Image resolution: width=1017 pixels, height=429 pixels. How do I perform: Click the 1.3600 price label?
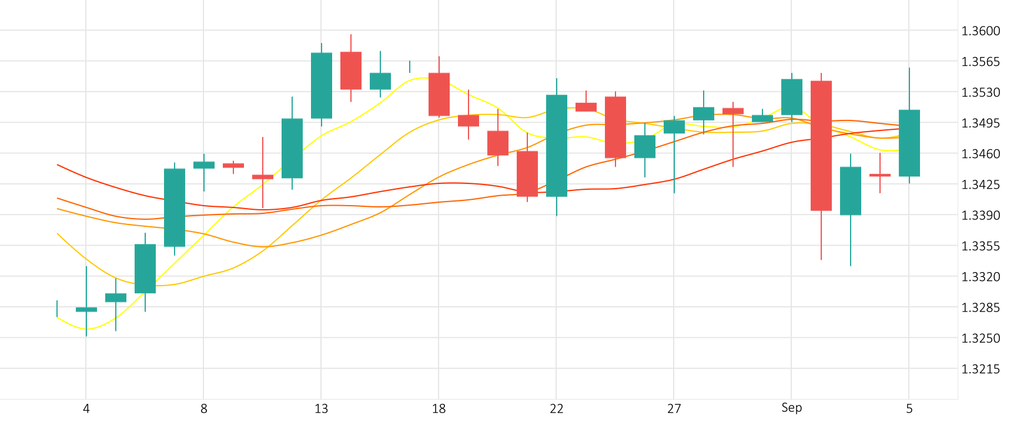(980, 31)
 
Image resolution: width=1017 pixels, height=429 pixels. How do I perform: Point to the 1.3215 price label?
(980, 369)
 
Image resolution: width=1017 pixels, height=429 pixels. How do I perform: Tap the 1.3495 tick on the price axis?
(980, 123)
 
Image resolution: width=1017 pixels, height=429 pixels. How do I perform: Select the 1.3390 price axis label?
(980, 216)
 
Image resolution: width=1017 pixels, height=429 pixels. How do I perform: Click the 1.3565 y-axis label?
(980, 62)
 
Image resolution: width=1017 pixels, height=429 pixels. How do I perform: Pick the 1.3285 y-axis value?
(980, 308)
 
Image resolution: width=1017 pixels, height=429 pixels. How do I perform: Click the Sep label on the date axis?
(791, 408)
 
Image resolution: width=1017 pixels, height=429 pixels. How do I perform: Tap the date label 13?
(321, 409)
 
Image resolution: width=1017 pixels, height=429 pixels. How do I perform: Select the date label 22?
(556, 409)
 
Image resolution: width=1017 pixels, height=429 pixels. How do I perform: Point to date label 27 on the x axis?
(674, 409)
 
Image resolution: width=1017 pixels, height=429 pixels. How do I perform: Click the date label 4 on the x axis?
(86, 409)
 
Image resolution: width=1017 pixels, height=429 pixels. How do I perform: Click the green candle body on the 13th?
(322, 86)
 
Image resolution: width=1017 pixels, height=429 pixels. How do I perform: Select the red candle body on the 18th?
(439, 94)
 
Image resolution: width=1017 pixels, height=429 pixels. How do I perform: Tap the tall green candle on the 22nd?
(557, 145)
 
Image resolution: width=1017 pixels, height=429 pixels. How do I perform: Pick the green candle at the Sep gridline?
(792, 97)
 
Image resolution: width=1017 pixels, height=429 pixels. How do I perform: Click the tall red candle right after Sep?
(821, 145)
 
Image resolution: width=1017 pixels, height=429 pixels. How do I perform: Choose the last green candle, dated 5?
(909, 143)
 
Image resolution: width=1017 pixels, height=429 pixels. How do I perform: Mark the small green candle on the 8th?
(204, 165)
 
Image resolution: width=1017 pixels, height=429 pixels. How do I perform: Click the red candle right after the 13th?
(351, 71)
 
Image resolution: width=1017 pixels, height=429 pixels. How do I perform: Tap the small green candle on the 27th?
(674, 127)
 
